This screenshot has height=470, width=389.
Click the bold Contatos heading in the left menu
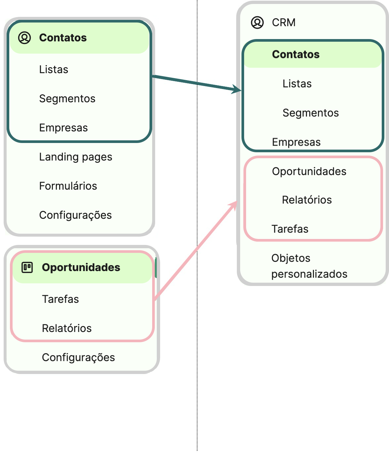coord(63,38)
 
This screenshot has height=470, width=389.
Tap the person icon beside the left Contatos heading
coord(24,38)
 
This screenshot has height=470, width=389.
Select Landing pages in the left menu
coord(75,157)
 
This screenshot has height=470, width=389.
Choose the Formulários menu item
coord(68,186)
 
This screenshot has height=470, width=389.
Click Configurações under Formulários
coord(75,215)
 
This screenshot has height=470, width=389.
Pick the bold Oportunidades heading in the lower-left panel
coord(81,267)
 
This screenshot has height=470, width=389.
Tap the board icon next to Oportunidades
coord(27,267)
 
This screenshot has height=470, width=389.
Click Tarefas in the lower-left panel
coord(60,299)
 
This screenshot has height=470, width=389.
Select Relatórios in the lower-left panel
coord(66,328)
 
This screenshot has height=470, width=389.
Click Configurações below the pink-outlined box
coord(78,357)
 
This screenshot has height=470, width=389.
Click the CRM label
coord(283,23)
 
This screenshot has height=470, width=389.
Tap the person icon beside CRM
coord(257,23)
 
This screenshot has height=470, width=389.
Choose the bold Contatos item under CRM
coord(296,54)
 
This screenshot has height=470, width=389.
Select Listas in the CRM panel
coord(297,84)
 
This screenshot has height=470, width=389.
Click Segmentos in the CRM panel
coord(311,113)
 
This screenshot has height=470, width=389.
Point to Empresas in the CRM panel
coord(296,142)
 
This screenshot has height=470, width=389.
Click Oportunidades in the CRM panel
coord(309,171)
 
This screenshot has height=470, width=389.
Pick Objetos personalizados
coord(309,266)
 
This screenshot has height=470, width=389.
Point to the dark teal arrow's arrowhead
coord(238,89)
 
